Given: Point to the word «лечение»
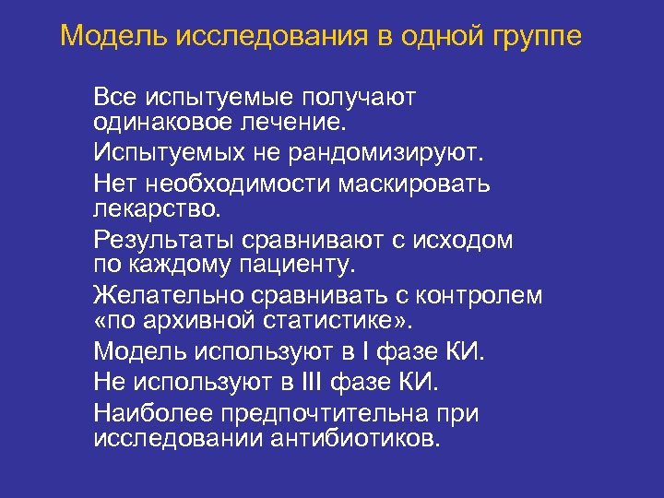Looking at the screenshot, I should click(x=303, y=121).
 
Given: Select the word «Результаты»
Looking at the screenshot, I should click(x=163, y=241).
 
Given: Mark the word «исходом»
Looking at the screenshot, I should click(x=460, y=241).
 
